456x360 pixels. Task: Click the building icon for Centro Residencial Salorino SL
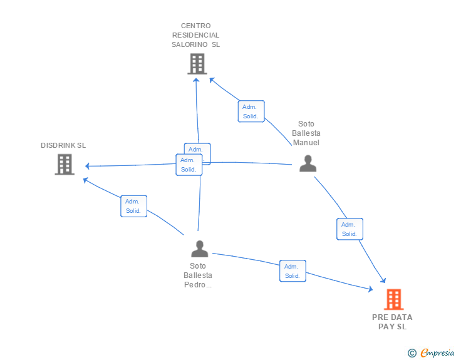[x=197, y=64]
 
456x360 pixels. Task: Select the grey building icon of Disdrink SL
[x=64, y=164]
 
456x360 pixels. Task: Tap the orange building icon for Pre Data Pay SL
[x=393, y=299]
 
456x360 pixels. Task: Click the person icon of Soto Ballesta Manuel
[x=308, y=163]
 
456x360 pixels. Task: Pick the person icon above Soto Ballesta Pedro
[x=199, y=249]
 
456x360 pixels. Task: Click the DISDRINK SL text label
[x=63, y=145]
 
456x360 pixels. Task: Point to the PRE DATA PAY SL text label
[x=392, y=321]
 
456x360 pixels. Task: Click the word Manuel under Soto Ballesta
[x=306, y=143]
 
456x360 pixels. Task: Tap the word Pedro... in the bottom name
[x=198, y=285]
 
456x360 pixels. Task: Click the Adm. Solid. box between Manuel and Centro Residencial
[x=251, y=111]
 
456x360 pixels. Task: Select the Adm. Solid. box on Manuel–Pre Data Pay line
[x=349, y=229]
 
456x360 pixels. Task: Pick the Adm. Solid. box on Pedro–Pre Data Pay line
[x=293, y=271]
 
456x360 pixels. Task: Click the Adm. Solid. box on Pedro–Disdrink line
[x=133, y=206]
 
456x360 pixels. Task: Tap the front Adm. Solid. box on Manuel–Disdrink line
[x=189, y=165]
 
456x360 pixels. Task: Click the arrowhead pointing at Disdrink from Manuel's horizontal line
[x=88, y=166]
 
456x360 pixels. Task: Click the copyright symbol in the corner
[x=412, y=353]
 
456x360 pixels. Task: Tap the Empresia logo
[x=437, y=353]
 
